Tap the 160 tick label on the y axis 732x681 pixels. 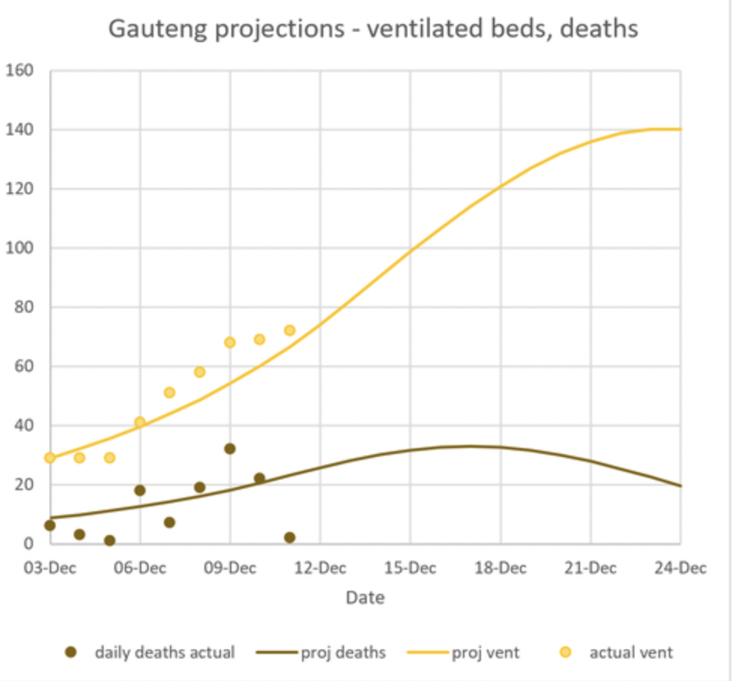[x=20, y=71]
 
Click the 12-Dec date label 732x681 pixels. [x=319, y=568]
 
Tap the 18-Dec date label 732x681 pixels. [x=500, y=568]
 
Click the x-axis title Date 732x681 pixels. [x=365, y=598]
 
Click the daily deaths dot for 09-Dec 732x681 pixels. [x=230, y=449]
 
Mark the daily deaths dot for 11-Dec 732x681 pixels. [x=289, y=537]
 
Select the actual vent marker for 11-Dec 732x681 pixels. [x=289, y=330]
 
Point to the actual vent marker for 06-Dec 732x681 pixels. [x=140, y=422]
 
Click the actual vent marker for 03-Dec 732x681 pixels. [x=50, y=458]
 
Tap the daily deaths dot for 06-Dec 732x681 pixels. [x=140, y=490]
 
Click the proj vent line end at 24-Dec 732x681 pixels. [x=679, y=129]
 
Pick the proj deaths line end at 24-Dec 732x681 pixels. [x=679, y=486]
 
